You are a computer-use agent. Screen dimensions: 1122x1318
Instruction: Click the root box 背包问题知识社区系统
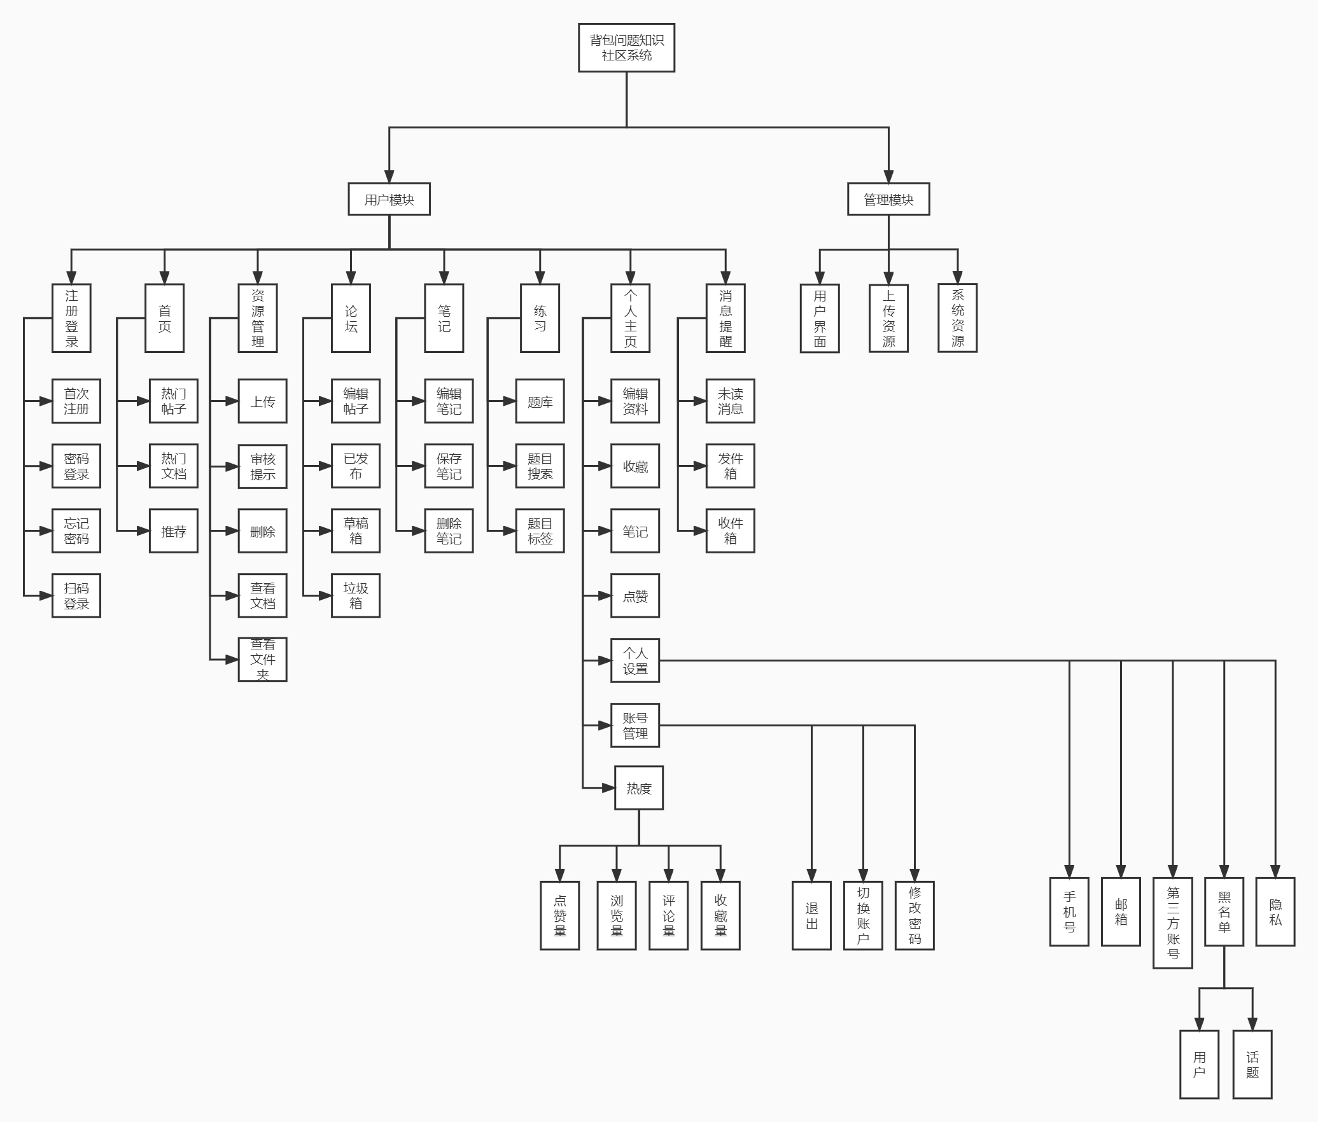626,48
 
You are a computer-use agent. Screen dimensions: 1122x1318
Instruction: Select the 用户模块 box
389,199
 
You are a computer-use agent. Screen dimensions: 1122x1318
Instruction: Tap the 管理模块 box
888,199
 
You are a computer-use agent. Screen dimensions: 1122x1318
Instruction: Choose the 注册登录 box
71,318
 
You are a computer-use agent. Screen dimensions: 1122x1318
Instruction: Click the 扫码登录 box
76,596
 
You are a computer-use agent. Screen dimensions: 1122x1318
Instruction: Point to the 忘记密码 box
76,531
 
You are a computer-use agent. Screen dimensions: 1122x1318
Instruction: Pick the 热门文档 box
174,466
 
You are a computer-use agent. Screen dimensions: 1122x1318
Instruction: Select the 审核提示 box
263,467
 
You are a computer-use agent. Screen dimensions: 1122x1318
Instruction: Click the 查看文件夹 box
263,660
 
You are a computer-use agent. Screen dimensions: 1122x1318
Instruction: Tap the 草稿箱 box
356,531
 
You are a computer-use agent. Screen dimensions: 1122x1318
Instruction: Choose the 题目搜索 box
540,466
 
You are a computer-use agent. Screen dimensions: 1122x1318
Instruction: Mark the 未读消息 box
730,401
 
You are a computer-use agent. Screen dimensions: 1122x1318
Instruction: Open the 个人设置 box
635,661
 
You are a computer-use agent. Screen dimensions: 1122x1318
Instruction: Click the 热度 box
639,788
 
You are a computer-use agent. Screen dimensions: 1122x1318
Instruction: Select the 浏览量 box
617,916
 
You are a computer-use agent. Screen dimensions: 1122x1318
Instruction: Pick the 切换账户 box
863,916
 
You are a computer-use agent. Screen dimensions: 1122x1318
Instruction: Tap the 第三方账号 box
1173,923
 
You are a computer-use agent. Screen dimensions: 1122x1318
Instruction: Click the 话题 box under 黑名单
1252,1065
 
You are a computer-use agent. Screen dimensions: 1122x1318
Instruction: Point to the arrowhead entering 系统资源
958,277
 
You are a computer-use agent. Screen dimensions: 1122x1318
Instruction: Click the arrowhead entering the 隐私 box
1275,871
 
